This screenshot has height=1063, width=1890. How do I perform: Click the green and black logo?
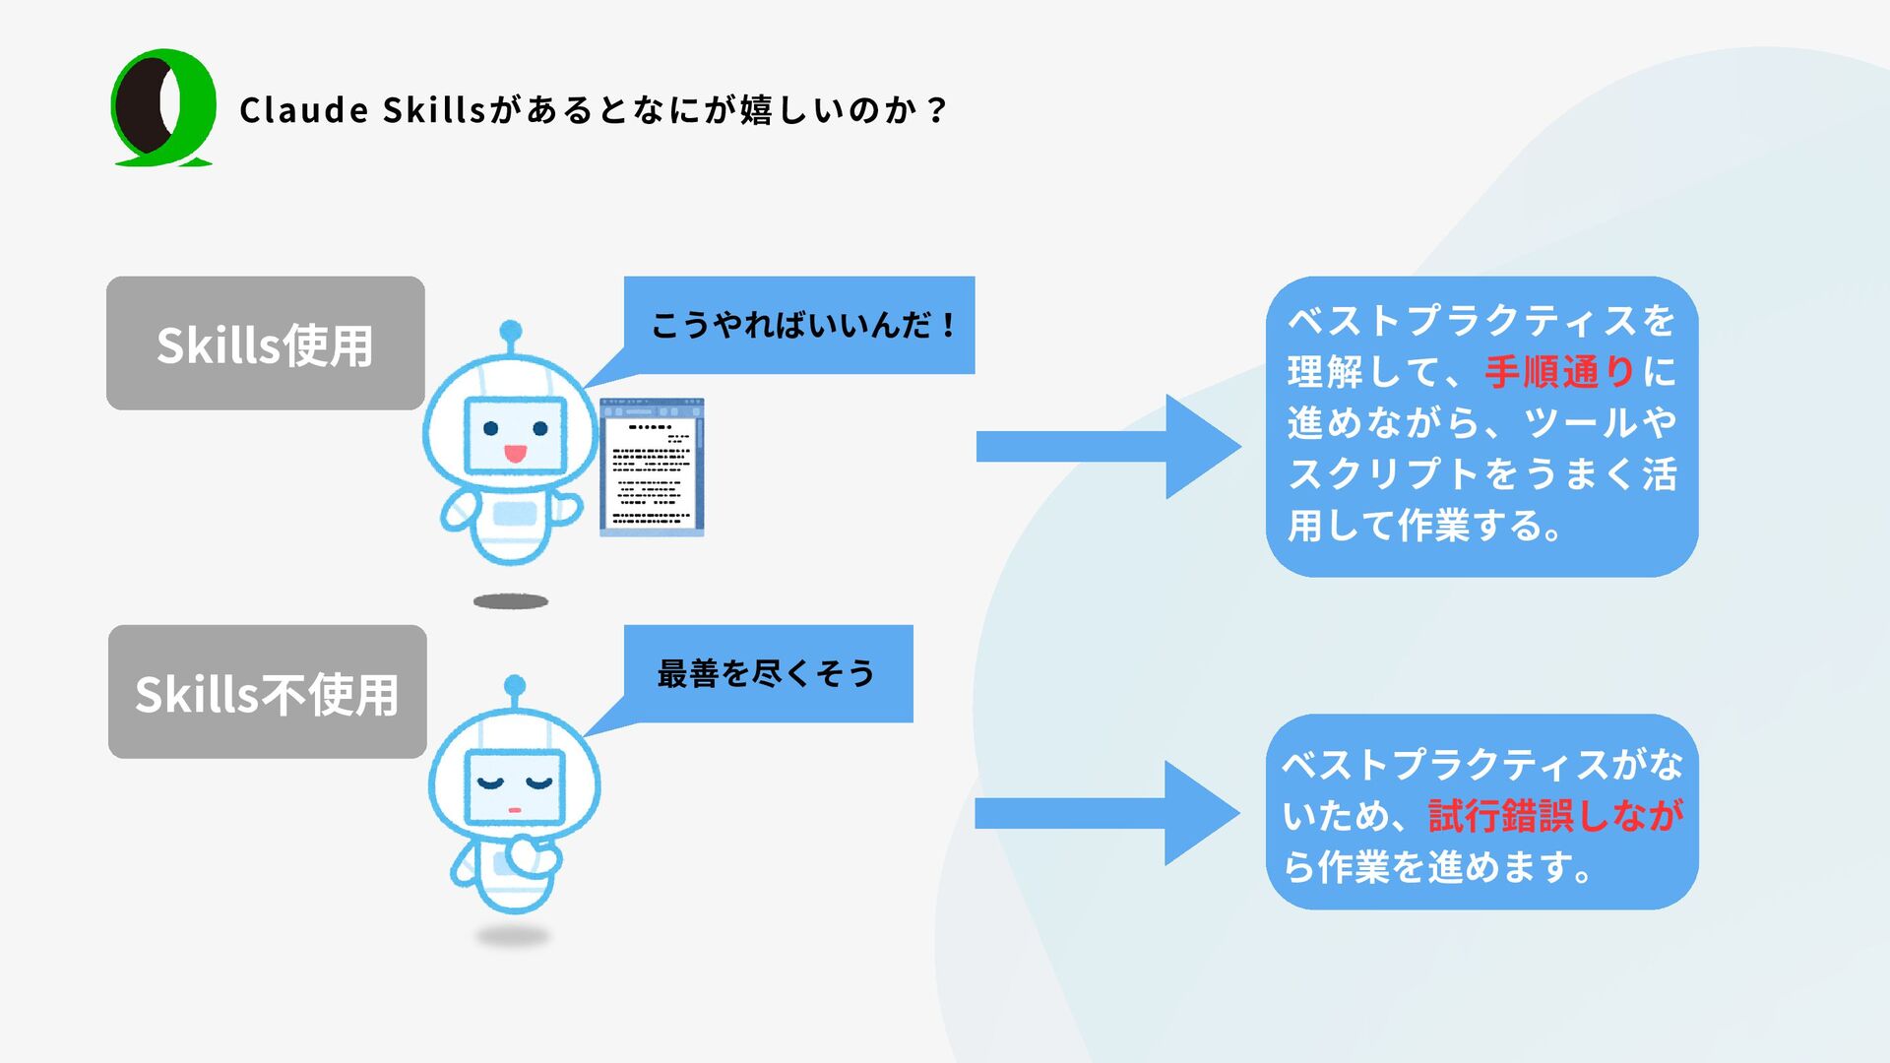(x=163, y=107)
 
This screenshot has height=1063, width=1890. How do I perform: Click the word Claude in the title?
(x=304, y=109)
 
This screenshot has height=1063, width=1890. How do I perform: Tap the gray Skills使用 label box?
(x=266, y=344)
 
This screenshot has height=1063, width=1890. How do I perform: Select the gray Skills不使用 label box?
(x=267, y=692)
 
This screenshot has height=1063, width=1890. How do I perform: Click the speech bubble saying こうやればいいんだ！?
(x=799, y=325)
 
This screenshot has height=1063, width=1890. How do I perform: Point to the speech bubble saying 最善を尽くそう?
(x=768, y=674)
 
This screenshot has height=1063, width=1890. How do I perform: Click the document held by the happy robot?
(x=652, y=468)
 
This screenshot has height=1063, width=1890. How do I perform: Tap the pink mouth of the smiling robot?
(x=514, y=454)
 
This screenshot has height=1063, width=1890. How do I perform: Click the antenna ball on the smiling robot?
(x=510, y=330)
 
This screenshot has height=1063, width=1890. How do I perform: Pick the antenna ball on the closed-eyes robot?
(x=514, y=685)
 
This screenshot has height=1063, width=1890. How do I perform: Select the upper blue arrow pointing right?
(x=1106, y=446)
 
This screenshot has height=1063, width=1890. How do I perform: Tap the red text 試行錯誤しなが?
(x=1555, y=816)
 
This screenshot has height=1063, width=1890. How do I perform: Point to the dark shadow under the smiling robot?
(x=510, y=601)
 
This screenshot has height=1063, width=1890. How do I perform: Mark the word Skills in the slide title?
(x=433, y=109)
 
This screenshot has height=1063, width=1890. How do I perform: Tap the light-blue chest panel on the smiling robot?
(x=514, y=514)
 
